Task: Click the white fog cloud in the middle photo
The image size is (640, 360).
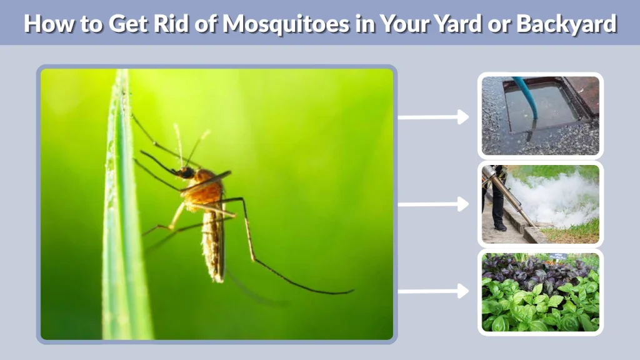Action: click(x=550, y=194)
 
